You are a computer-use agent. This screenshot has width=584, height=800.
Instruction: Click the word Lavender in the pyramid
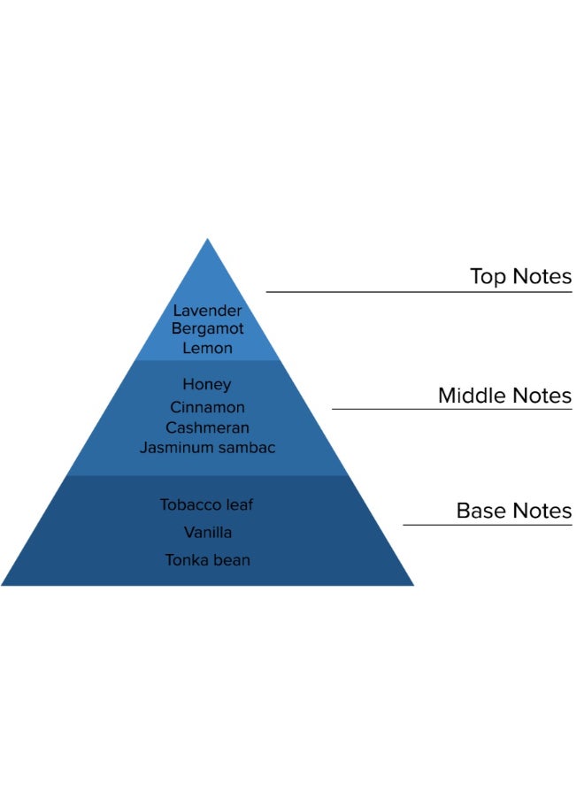point(207,311)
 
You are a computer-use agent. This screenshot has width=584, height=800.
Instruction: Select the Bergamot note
point(207,328)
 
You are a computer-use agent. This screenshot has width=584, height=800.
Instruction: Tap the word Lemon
point(207,348)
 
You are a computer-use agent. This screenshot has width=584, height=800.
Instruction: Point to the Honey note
point(207,384)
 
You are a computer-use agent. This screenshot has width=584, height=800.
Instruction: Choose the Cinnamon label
point(207,407)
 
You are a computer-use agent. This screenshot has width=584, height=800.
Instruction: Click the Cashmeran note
point(207,427)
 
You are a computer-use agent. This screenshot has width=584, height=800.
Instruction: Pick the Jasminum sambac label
point(207,448)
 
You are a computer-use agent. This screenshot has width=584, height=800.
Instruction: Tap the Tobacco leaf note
point(207,504)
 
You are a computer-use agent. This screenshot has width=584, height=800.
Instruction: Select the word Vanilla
point(207,532)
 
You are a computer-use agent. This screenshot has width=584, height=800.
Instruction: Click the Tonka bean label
point(207,559)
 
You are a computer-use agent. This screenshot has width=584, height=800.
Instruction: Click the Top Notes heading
point(520,276)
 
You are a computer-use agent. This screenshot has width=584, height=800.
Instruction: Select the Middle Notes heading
point(504,395)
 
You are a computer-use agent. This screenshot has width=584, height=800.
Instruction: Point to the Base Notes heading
point(513,511)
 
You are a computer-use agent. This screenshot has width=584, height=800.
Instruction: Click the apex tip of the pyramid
point(207,240)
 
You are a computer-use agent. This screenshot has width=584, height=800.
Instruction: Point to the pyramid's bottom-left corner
point(4,584)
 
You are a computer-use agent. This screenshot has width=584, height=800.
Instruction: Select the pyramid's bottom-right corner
point(411,584)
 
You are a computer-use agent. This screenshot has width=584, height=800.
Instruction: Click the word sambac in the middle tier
point(248,448)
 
